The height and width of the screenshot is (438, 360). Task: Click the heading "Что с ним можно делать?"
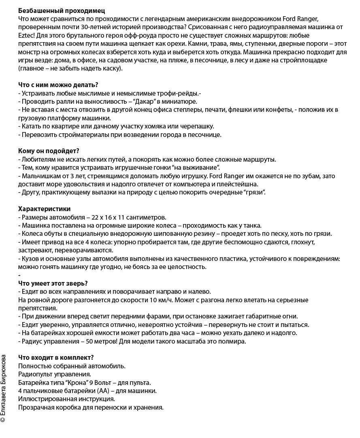pyautogui.click(x=58, y=85)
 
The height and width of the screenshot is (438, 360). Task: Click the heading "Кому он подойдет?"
pyautogui.click(x=49, y=151)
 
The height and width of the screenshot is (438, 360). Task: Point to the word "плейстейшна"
pyautogui.click(x=241, y=184)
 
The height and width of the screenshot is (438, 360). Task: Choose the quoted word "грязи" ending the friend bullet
pyautogui.click(x=254, y=193)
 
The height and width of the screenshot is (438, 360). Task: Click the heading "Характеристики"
pyautogui.click(x=45, y=209)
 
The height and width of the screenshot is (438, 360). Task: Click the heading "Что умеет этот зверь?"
pyautogui.click(x=53, y=283)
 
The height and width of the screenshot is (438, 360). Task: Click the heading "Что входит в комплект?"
pyautogui.click(x=56, y=357)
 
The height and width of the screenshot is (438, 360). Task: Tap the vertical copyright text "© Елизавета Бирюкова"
pyautogui.click(x=4, y=389)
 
